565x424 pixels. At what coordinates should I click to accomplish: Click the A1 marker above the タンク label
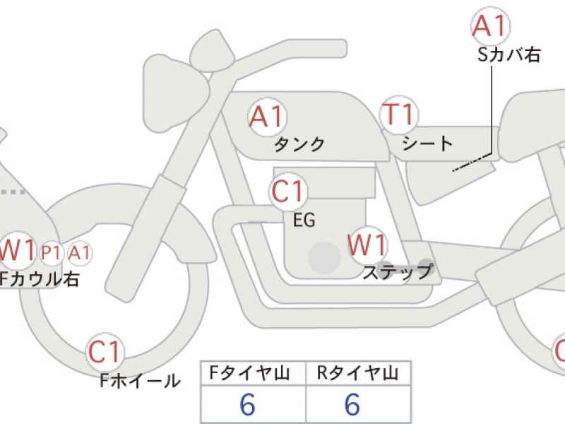(267, 117)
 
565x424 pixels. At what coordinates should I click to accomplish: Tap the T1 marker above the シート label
(399, 114)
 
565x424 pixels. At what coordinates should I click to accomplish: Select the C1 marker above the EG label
(287, 191)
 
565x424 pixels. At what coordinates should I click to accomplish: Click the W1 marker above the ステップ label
(367, 245)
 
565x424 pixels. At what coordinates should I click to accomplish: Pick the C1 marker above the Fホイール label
(104, 351)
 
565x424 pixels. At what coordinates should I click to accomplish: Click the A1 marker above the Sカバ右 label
(490, 25)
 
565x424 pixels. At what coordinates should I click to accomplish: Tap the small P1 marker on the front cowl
(51, 253)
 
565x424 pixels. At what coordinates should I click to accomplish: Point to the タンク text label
(299, 145)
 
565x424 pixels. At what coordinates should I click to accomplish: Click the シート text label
(427, 143)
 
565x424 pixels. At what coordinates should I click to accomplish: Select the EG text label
(304, 220)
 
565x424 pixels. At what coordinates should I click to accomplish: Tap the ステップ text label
(397, 272)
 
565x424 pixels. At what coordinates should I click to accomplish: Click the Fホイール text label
(140, 381)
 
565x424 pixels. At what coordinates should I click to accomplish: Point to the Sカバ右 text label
(509, 55)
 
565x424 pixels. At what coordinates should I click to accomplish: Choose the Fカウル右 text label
(39, 279)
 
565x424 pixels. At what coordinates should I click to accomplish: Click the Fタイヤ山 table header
(249, 373)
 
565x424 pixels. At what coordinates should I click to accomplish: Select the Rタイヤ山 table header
(357, 373)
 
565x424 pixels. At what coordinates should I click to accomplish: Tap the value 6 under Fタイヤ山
(248, 404)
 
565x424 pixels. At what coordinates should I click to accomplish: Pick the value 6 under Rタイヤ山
(352, 404)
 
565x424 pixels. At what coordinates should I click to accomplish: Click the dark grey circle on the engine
(324, 258)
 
